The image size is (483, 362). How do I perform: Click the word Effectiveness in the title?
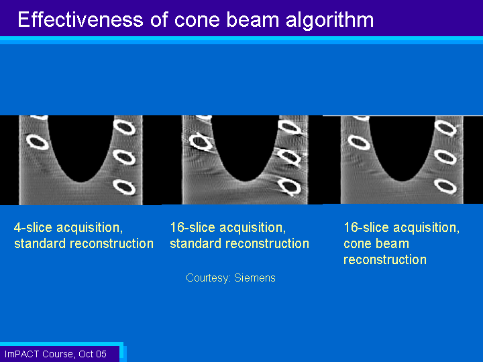point(80,19)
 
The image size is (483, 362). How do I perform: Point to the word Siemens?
point(255,278)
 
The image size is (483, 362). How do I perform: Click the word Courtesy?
point(208,279)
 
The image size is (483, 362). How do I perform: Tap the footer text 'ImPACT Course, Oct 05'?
point(56,354)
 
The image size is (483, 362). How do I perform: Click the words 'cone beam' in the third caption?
point(376,244)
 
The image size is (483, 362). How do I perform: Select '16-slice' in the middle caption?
point(193,227)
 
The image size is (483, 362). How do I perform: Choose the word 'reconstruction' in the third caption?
point(385,260)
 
